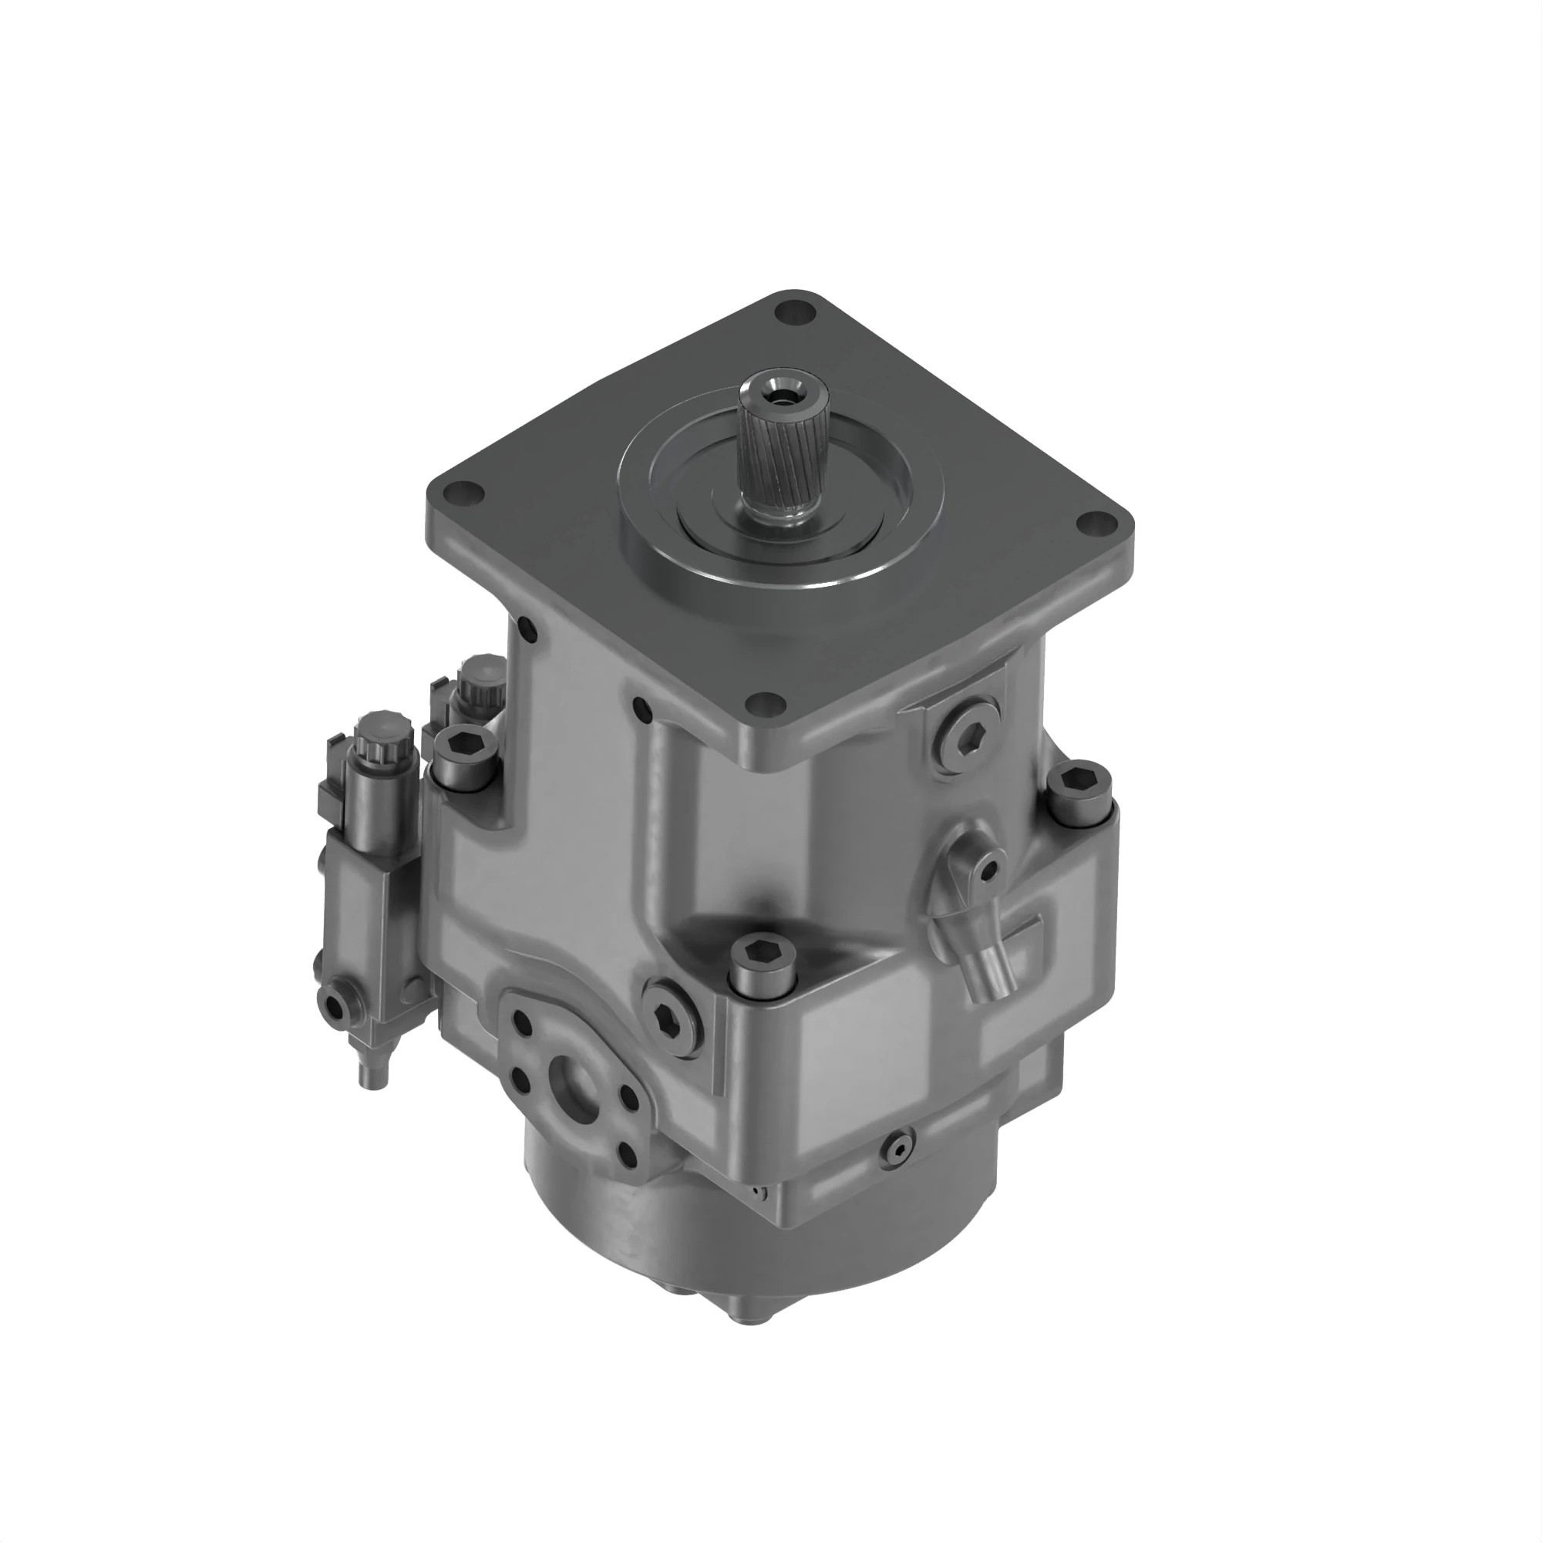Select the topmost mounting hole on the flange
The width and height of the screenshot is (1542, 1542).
click(795, 312)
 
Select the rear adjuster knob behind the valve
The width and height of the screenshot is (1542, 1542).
click(480, 678)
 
